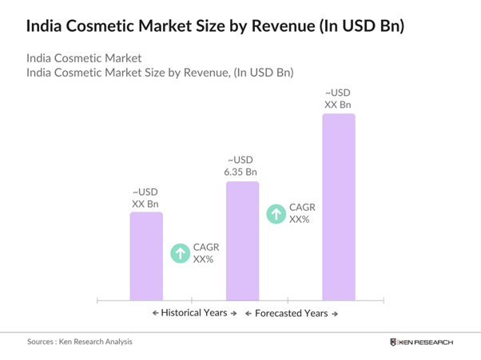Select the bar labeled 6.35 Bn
point(242,240)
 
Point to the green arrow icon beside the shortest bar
point(181,253)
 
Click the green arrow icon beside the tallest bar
point(276,213)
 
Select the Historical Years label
point(195,313)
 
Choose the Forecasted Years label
point(291,313)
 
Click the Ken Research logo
point(421,342)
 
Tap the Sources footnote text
point(80,342)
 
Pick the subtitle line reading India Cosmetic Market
point(84,58)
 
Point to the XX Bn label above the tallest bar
point(339,98)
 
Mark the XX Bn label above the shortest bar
point(145,197)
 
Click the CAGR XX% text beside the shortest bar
point(206,253)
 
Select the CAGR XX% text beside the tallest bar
point(302,213)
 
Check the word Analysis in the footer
point(116,342)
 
